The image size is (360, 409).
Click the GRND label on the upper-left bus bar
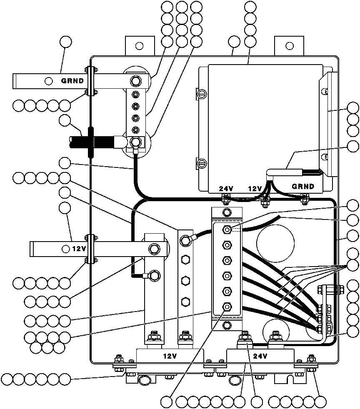(72, 81)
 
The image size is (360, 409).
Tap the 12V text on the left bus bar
(79, 249)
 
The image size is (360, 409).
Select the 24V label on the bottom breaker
(260, 356)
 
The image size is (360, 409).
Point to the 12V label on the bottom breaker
(170, 356)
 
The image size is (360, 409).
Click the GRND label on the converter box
(303, 186)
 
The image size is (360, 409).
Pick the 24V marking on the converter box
(226, 188)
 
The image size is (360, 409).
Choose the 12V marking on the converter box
(255, 188)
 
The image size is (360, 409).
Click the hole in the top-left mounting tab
(140, 46)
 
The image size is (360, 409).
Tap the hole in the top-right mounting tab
(290, 46)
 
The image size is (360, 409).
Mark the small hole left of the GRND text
(48, 81)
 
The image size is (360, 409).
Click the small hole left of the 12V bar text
(66, 249)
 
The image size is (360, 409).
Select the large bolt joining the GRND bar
(135, 81)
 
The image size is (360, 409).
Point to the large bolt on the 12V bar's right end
(154, 249)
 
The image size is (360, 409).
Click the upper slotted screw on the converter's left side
(202, 94)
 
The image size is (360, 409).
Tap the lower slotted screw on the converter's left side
(202, 164)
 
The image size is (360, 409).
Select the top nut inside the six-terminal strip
(227, 230)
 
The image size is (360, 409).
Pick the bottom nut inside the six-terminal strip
(227, 307)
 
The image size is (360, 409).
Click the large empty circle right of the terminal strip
(275, 243)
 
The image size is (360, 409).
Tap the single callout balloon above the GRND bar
(66, 42)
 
